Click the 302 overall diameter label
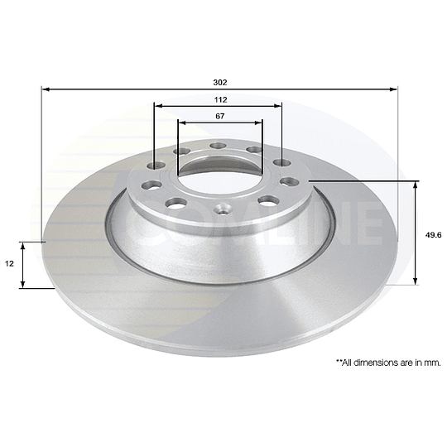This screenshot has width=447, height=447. tap(220, 83)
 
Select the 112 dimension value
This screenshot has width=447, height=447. tap(220, 99)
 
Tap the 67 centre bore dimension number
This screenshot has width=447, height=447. tap(220, 116)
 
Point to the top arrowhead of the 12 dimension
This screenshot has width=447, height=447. tap(24, 245)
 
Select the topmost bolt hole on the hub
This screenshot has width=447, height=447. tap(219, 147)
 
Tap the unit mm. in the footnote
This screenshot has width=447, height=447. tap(430, 363)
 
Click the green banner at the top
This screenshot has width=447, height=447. tap(223, 37)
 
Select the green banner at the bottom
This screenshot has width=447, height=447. tap(223, 410)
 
